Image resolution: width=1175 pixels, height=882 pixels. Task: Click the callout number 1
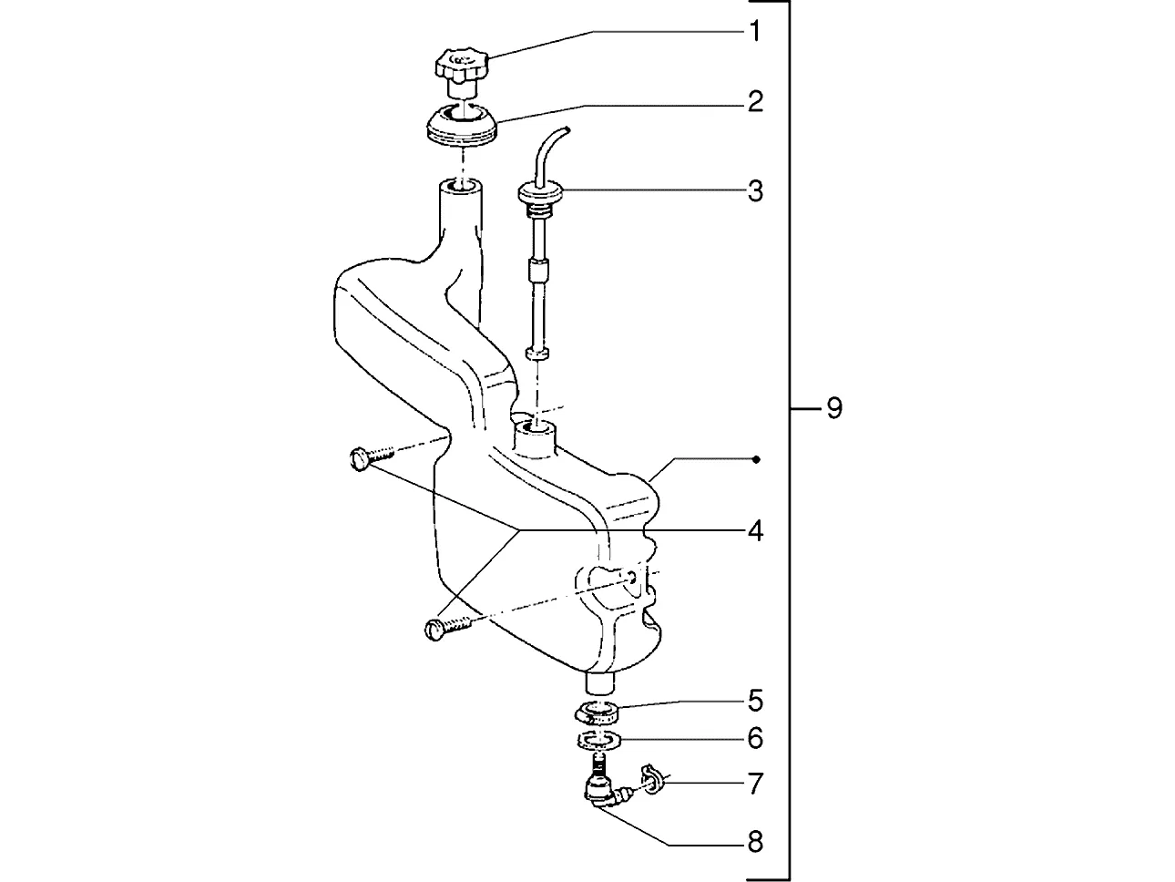(755, 32)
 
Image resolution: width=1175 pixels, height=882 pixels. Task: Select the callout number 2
(755, 101)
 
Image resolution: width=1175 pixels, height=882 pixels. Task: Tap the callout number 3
(755, 191)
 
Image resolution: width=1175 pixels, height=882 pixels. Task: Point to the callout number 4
(755, 531)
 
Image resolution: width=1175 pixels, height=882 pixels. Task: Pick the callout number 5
(755, 701)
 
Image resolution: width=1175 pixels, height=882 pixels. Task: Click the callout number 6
(755, 739)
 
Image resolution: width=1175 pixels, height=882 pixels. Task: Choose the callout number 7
(755, 784)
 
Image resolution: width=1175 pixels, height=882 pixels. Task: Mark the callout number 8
(755, 843)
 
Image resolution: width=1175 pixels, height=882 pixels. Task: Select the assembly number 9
(834, 408)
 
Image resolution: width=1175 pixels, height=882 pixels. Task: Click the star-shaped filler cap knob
(463, 63)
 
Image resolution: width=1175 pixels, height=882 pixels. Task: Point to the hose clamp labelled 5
(597, 713)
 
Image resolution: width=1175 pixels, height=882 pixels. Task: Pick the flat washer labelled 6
(599, 740)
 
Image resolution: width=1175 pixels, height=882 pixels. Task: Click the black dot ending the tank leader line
(756, 459)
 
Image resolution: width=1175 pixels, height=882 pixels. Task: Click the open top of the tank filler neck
(460, 186)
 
